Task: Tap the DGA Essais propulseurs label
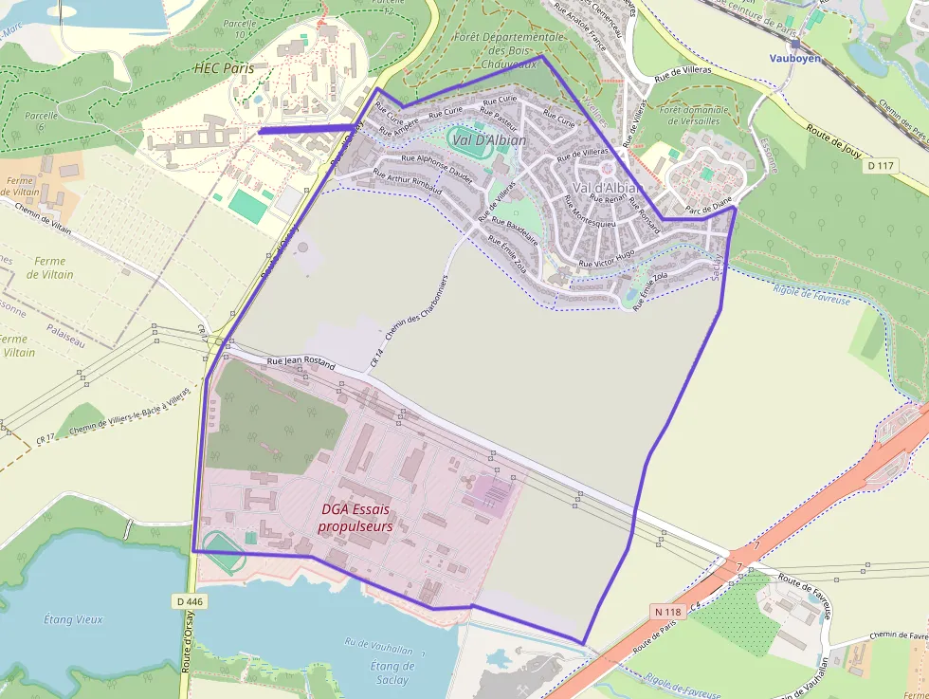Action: click(x=355, y=518)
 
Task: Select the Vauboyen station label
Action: click(x=794, y=58)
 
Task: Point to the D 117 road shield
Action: click(x=881, y=166)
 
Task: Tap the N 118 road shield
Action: click(x=667, y=612)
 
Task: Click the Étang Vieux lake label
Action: click(x=73, y=619)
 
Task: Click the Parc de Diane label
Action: click(x=708, y=205)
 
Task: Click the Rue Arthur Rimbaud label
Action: click(x=407, y=181)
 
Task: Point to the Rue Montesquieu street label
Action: click(x=590, y=216)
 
